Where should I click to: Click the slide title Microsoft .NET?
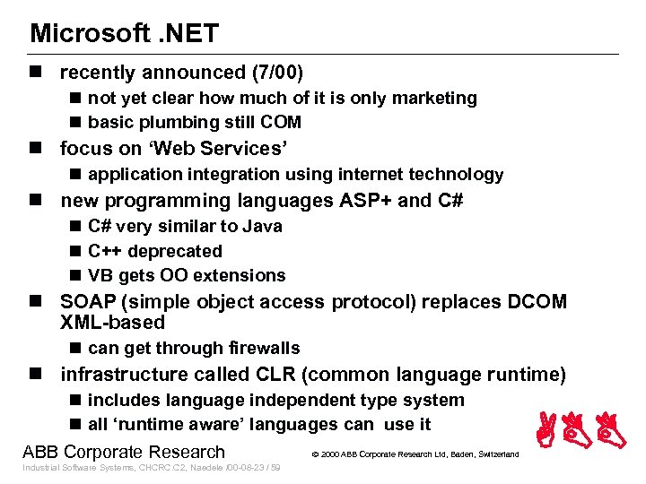click(x=124, y=33)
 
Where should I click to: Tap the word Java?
click(x=261, y=227)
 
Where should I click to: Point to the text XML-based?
click(x=112, y=323)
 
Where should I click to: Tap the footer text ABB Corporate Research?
click(x=123, y=452)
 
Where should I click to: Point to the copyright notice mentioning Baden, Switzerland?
click(x=415, y=454)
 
